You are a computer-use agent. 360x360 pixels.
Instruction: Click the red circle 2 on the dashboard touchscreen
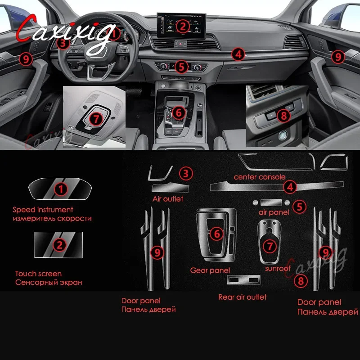[183, 27]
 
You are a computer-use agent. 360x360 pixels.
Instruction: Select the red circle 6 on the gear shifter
[179, 113]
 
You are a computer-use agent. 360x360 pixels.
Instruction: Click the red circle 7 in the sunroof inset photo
[96, 119]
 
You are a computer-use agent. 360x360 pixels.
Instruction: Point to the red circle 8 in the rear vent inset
[284, 115]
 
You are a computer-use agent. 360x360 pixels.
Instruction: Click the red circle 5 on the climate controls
[181, 67]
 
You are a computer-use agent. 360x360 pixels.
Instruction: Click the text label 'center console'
[260, 177]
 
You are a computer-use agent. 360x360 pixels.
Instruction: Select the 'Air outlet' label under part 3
[168, 199]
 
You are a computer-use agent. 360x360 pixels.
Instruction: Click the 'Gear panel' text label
[210, 270]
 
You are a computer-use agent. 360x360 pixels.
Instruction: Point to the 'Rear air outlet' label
[243, 297]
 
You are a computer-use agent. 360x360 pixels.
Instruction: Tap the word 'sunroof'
[278, 268]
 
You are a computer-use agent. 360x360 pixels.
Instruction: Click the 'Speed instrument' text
[43, 210]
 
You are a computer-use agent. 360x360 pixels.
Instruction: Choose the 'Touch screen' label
[38, 274]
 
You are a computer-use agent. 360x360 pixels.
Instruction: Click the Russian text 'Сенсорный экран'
[49, 283]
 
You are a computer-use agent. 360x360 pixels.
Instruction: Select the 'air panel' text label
[274, 212]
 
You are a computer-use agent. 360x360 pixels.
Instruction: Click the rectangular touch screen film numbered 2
[58, 245]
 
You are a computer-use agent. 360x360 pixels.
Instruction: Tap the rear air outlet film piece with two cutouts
[244, 279]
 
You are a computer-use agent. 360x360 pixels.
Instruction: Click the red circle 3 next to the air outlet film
[186, 174]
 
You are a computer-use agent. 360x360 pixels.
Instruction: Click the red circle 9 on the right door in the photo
[338, 57]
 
